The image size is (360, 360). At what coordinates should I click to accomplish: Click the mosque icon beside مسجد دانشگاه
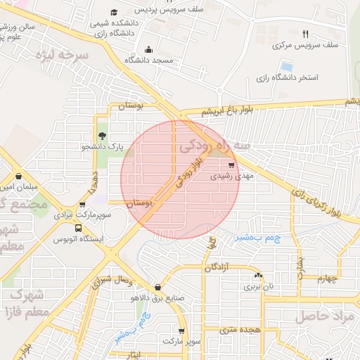click(x=148, y=49)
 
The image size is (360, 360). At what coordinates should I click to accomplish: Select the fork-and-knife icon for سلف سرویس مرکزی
click(x=304, y=33)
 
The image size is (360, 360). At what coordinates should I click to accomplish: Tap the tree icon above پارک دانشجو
click(x=103, y=136)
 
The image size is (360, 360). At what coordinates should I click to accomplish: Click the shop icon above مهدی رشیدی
click(x=232, y=165)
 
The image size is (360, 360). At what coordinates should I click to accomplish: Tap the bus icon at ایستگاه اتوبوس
click(x=77, y=228)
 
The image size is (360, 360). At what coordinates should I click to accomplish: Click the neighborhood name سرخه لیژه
click(x=77, y=54)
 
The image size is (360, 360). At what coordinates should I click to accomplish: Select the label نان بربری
click(x=258, y=287)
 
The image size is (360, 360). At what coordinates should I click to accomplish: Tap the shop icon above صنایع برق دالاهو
click(x=157, y=287)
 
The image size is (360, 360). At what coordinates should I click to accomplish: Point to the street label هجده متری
click(x=240, y=328)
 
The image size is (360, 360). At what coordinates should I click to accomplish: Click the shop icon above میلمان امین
click(x=18, y=176)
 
